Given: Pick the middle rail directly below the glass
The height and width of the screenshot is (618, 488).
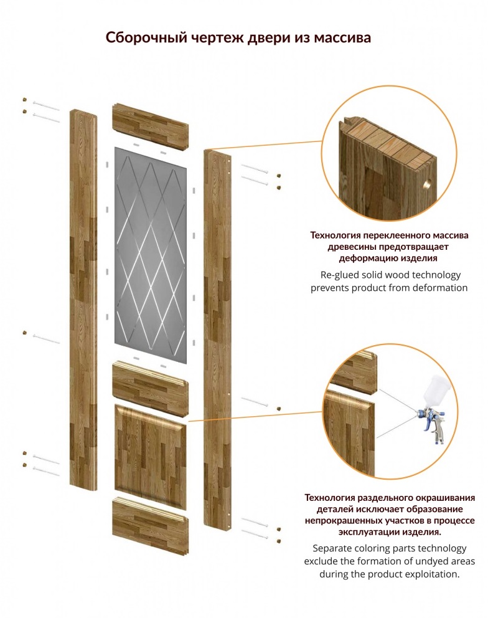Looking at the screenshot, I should pyautogui.click(x=151, y=388).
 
